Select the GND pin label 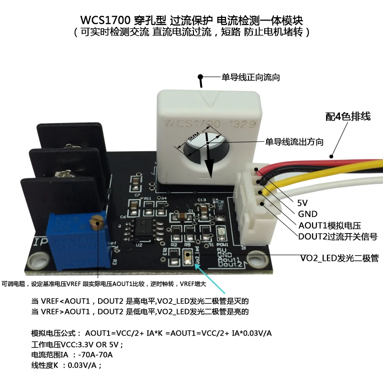pyautogui.click(x=307, y=214)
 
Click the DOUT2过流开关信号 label pyautogui.click(x=338, y=237)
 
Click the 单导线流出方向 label pyautogui.click(x=294, y=142)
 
